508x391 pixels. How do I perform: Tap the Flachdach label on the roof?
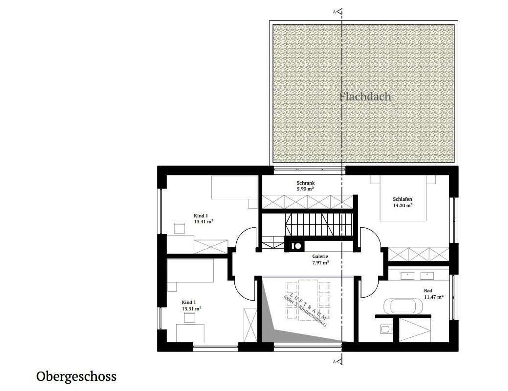click(x=365, y=97)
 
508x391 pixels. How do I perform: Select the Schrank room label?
click(x=306, y=183)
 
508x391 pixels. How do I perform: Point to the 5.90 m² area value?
click(x=306, y=189)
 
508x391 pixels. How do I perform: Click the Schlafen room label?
click(x=402, y=199)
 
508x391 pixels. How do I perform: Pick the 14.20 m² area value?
click(x=403, y=206)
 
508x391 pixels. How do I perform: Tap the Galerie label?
click(x=320, y=256)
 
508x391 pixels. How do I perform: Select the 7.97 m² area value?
click(x=321, y=263)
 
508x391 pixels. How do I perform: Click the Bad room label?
click(x=428, y=291)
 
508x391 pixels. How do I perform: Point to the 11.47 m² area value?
click(x=434, y=297)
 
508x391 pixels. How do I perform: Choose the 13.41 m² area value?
click(x=204, y=222)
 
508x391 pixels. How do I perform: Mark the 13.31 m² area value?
click(x=192, y=309)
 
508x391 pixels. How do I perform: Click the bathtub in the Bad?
click(x=403, y=306)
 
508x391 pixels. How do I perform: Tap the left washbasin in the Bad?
click(x=407, y=276)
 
